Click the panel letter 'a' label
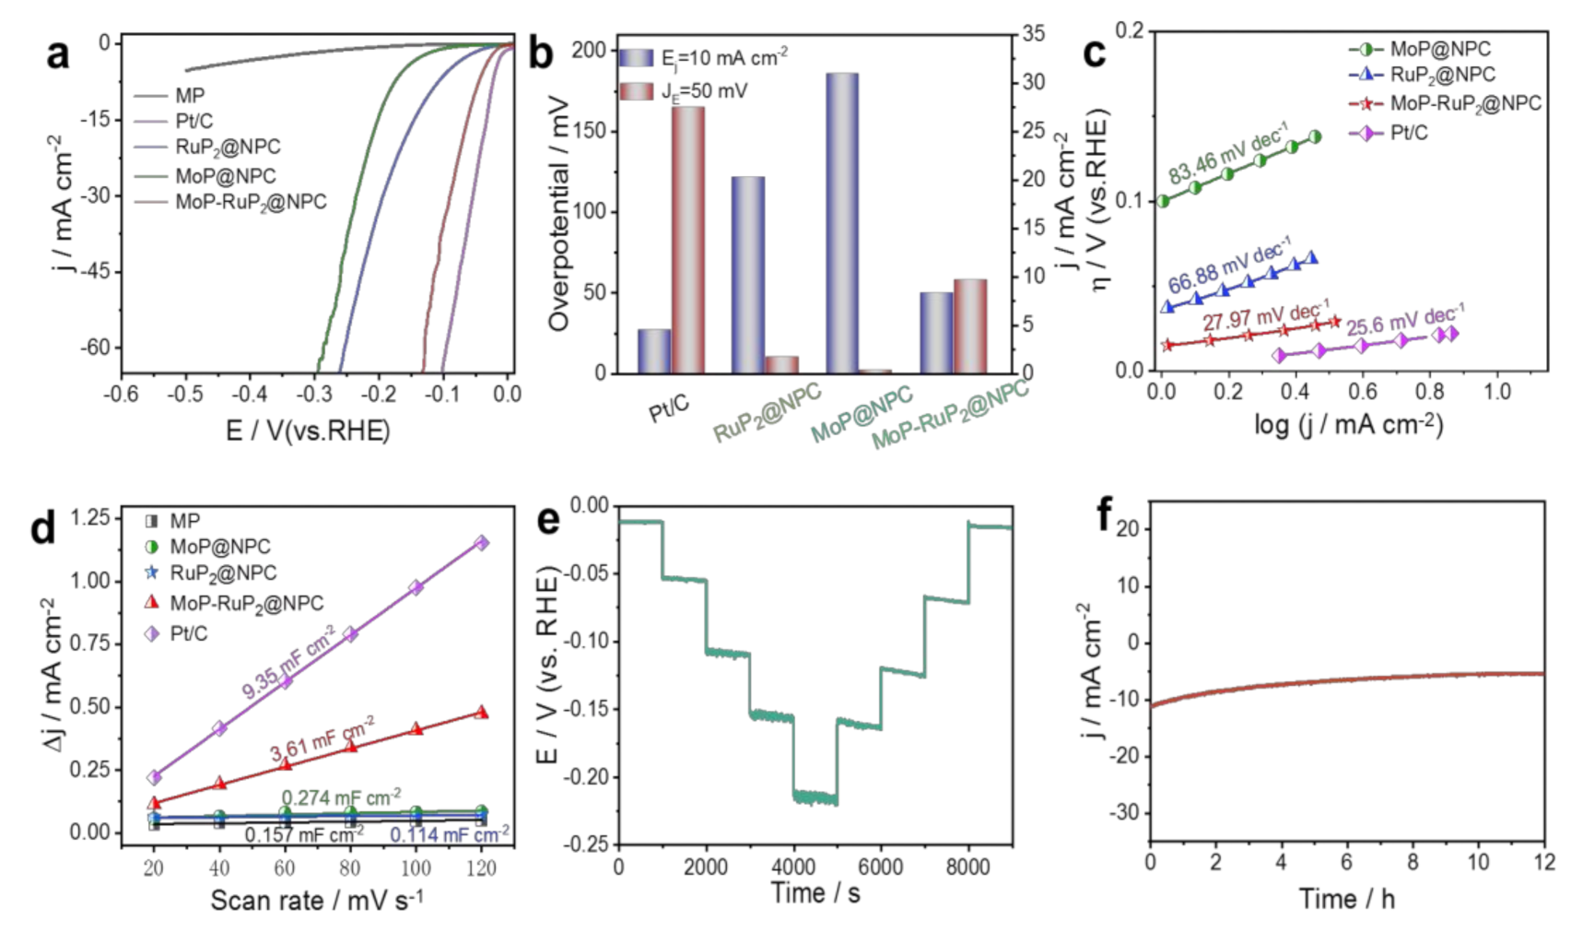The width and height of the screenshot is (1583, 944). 57,54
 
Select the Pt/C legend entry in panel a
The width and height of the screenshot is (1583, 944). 193,121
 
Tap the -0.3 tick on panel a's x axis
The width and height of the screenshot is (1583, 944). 314,395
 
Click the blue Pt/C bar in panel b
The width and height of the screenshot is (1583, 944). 654,351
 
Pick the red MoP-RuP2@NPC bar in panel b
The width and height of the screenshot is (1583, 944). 969,326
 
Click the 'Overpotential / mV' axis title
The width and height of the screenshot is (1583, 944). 558,212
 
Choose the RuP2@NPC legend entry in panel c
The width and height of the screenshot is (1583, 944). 1442,75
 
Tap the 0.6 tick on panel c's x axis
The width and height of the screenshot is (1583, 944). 1363,391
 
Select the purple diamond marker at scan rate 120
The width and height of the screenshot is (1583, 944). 481,543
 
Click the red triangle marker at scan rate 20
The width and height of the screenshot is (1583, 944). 155,803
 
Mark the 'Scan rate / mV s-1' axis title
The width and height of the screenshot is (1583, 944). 316,900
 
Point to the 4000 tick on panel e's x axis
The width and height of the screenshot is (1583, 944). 793,867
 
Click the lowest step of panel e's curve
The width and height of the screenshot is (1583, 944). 815,797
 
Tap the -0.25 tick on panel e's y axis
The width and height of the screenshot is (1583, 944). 590,844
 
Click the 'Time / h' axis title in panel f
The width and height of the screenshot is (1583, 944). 1346,899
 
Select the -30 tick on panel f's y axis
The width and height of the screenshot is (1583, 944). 1126,813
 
